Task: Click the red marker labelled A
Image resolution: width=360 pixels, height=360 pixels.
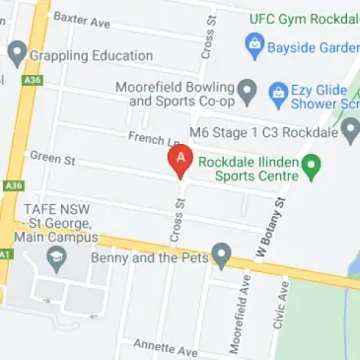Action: coord(180,160)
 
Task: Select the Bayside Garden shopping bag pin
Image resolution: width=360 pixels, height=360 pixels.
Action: coord(254,43)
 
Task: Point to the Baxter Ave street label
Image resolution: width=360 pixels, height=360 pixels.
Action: coord(81,19)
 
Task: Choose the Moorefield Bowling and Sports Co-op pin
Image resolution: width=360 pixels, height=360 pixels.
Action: coord(249,93)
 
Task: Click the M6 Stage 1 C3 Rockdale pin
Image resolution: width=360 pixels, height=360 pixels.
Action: coord(351,130)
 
